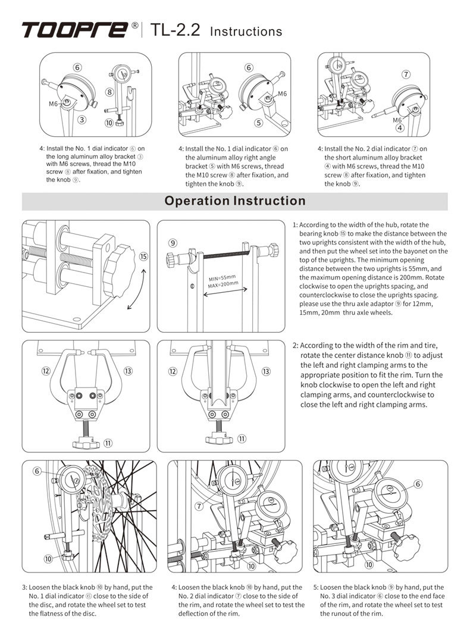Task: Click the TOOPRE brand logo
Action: (74, 29)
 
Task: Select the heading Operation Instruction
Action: (235, 201)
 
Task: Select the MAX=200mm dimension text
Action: (224, 284)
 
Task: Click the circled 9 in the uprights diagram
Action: (172, 243)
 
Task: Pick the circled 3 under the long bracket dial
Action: (83, 119)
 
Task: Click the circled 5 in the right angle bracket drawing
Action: (258, 123)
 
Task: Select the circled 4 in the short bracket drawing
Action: (399, 127)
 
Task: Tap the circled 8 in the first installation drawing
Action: (110, 92)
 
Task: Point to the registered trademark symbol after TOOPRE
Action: (135, 26)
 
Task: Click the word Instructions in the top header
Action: (246, 32)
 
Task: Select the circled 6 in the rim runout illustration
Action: (418, 484)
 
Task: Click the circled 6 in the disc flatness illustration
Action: (37, 471)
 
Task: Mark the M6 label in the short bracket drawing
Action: (397, 120)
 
